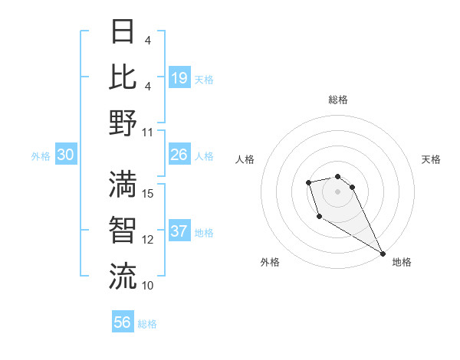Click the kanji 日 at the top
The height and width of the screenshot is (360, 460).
(x=123, y=32)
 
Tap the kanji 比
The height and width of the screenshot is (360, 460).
(x=123, y=77)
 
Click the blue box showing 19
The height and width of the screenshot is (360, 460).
(x=179, y=77)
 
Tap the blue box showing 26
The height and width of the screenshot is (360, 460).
(x=179, y=155)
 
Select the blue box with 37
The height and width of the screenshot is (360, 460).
(x=179, y=231)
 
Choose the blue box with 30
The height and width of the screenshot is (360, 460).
(x=66, y=155)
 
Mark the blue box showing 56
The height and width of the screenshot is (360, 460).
(x=123, y=322)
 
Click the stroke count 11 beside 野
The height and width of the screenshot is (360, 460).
(x=148, y=132)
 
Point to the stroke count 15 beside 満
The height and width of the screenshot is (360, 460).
(x=148, y=194)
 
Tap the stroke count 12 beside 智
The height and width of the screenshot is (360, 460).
(x=148, y=240)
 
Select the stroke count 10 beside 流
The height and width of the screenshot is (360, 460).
(x=148, y=286)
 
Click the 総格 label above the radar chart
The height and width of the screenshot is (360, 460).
(x=338, y=100)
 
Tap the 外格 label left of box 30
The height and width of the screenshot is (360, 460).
(x=41, y=155)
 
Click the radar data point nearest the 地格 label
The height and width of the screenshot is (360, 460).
(x=383, y=253)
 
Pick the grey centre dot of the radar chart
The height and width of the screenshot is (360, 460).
(x=338, y=190)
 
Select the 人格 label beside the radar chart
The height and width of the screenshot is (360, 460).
(x=245, y=159)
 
